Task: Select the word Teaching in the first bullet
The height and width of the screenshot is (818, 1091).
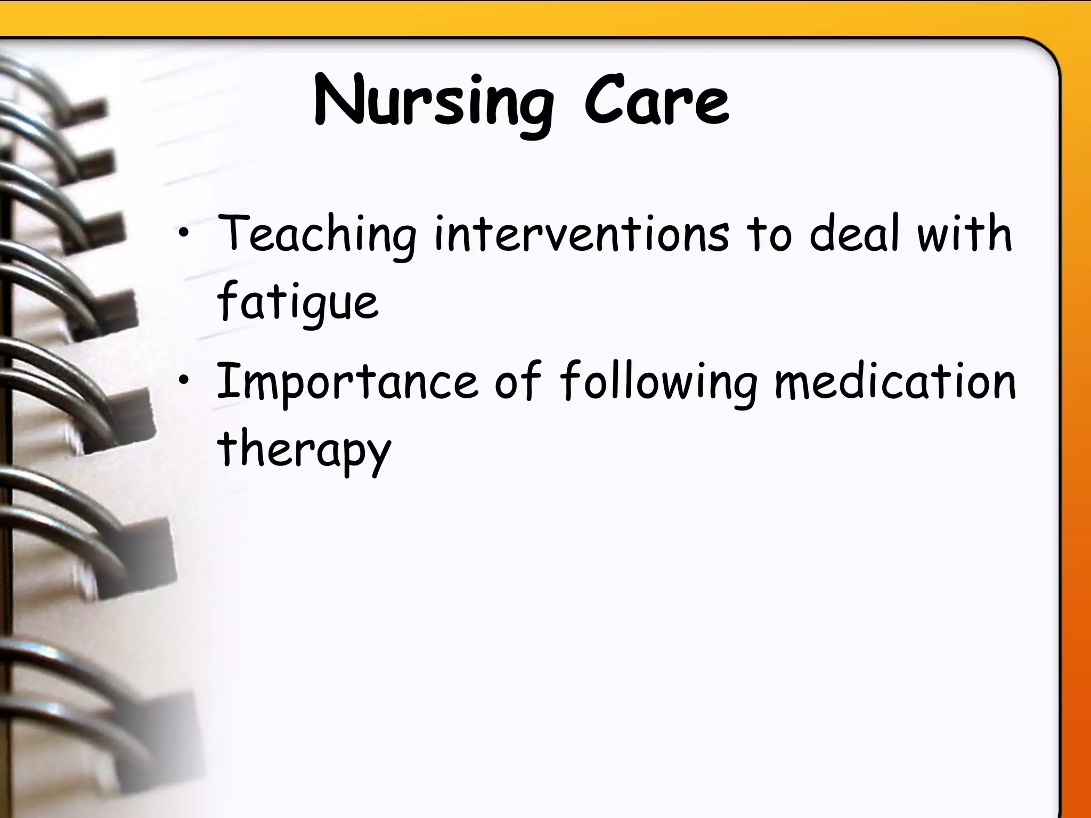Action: (316, 234)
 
